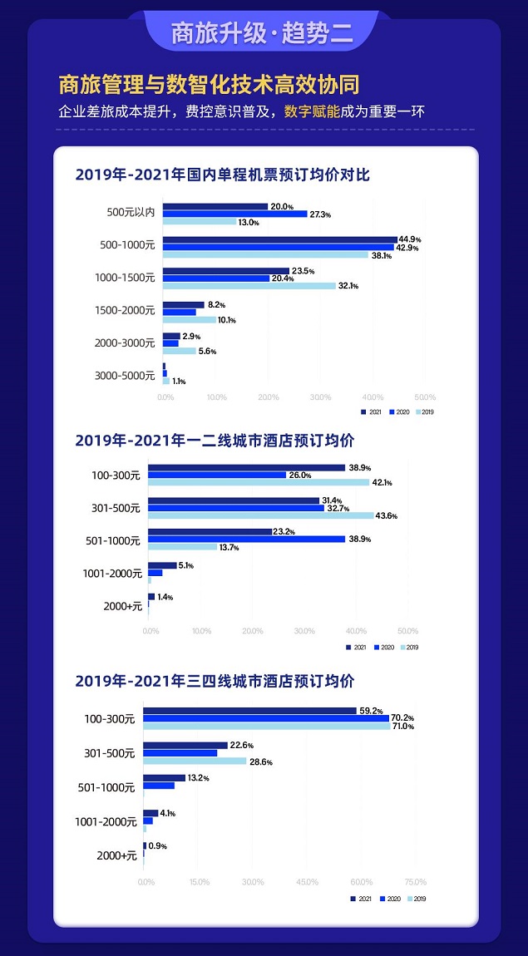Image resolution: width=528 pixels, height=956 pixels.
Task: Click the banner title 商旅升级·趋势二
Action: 262,33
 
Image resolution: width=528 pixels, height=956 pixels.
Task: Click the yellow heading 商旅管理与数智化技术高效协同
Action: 209,86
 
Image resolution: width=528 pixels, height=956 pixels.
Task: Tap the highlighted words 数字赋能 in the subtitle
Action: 312,111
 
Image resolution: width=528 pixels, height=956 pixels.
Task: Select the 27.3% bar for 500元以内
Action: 235,214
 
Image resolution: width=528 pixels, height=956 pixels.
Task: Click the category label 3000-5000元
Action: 125,376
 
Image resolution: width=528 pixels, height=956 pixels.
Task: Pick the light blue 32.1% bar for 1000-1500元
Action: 249,286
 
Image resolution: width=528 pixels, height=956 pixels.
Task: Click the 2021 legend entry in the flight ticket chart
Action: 372,412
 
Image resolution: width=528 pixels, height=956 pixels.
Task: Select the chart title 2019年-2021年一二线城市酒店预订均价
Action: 215,440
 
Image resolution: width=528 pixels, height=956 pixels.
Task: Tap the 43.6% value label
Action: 387,516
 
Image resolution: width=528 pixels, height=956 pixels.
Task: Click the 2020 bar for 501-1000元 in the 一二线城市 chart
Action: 246,539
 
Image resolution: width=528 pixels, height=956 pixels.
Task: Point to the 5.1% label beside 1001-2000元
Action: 185,566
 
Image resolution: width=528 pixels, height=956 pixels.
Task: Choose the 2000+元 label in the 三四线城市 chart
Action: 116,855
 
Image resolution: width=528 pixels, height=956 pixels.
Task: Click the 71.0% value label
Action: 402,727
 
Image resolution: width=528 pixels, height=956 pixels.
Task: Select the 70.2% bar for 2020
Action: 266,718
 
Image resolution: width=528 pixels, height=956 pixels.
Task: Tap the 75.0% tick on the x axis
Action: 415,882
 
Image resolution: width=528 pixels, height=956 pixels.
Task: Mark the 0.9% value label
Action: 157,846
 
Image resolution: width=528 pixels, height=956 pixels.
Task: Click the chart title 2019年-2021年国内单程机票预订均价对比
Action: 222,175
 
